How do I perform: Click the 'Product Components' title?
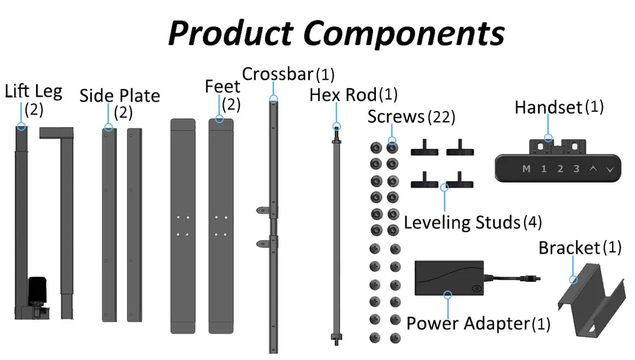pos(336,33)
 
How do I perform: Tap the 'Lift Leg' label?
pos(33,92)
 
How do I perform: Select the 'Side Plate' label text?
pos(119,96)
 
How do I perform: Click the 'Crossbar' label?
pos(278,74)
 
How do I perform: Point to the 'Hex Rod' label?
pos(343,95)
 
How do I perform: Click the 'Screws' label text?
pos(396,116)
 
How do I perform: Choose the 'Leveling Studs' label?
pos(462,223)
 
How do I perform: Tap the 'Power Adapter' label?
pos(468,323)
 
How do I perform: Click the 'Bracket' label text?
pos(569,248)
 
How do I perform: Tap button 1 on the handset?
pos(544,169)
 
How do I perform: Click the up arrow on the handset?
pos(593,169)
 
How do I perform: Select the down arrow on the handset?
pos(610,169)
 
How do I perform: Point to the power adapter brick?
pos(449,277)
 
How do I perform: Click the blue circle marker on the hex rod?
pos(336,127)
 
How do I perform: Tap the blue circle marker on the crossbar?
pos(273,99)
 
